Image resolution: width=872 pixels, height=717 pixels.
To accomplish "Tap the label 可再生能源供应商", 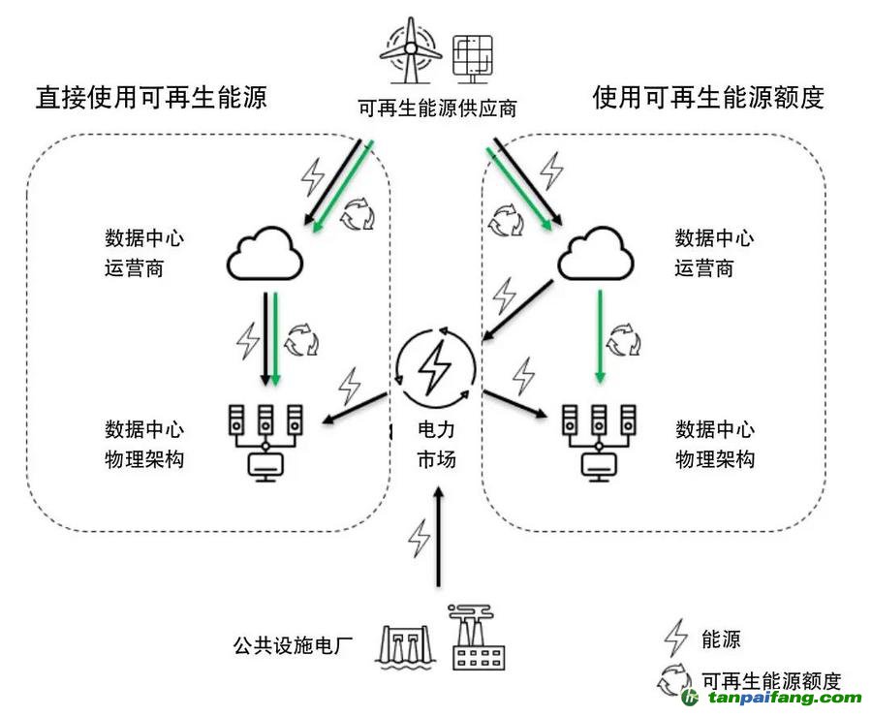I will coord(437,108).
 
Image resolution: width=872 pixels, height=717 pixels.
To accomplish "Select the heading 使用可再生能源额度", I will coord(708,97).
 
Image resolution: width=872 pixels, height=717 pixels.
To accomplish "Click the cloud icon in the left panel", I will coord(265,255).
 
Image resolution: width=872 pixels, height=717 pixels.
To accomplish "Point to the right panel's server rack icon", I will coord(599,441).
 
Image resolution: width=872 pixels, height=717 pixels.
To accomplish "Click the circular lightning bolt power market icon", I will coord(436,369).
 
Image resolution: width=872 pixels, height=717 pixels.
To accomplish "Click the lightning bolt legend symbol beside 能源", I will coord(674,639).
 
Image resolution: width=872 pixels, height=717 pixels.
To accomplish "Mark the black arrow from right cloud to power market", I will coord(518,310).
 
